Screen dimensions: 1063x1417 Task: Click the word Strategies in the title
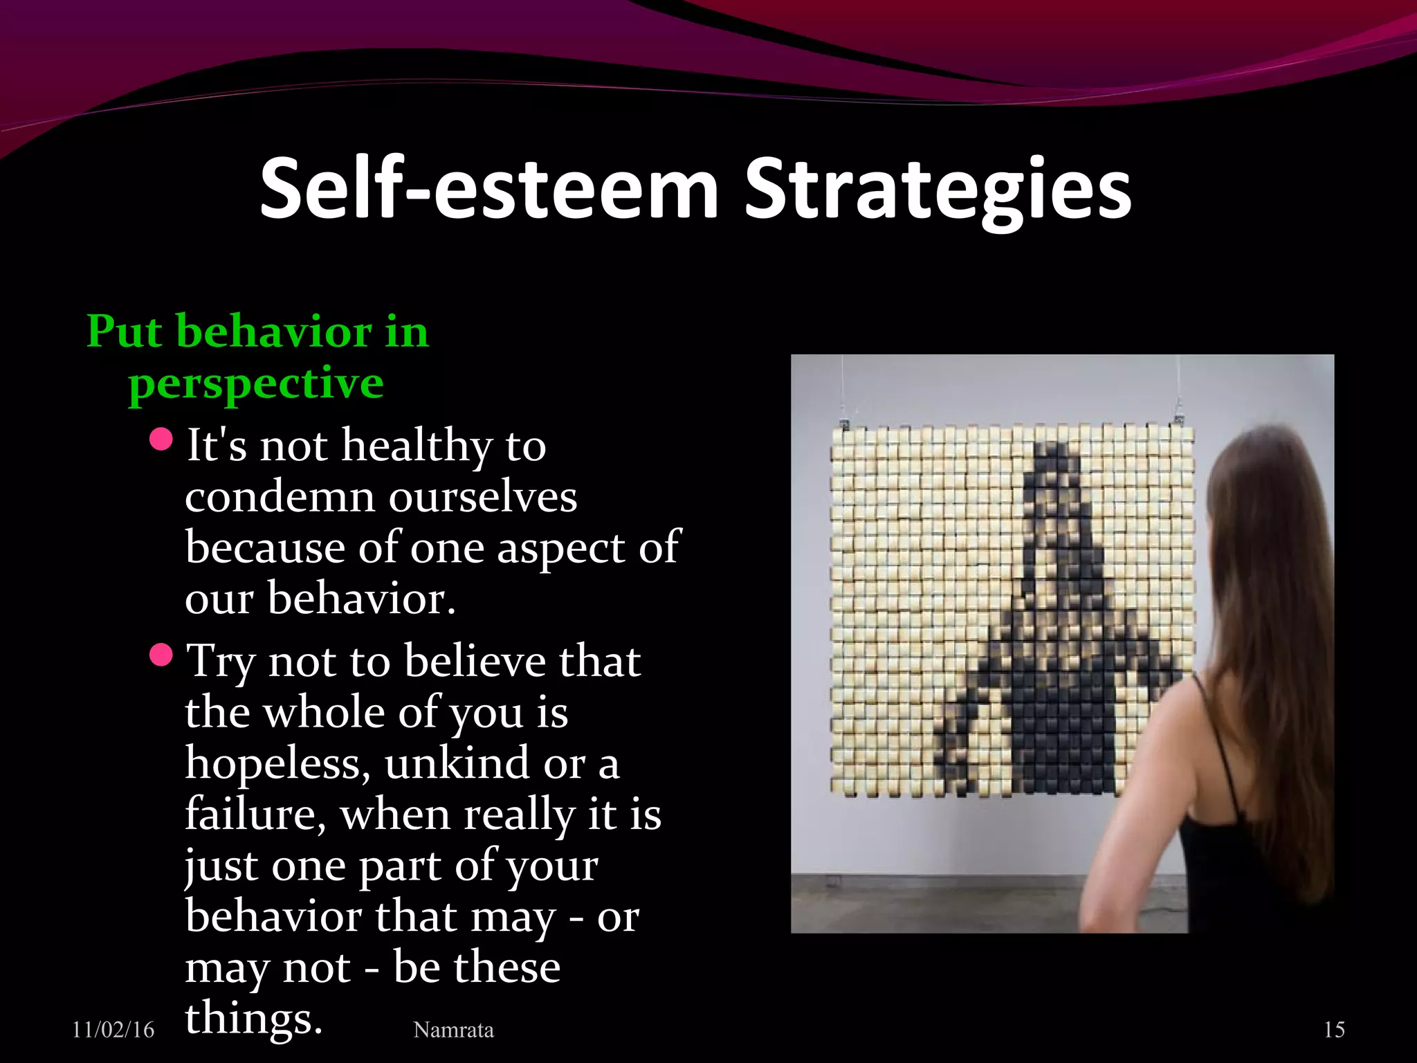[x=938, y=188]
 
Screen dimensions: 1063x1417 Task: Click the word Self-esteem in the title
[x=489, y=188]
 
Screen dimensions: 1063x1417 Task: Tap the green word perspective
[x=255, y=383]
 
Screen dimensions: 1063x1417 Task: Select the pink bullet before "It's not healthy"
[x=161, y=439]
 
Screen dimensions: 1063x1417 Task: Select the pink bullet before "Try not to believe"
[x=161, y=655]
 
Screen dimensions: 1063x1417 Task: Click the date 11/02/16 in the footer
[x=113, y=1030]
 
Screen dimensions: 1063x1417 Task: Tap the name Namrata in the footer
[x=453, y=1030]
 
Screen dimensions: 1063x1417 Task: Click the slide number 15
[x=1334, y=1030]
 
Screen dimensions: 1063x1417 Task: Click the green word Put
[x=125, y=331]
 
